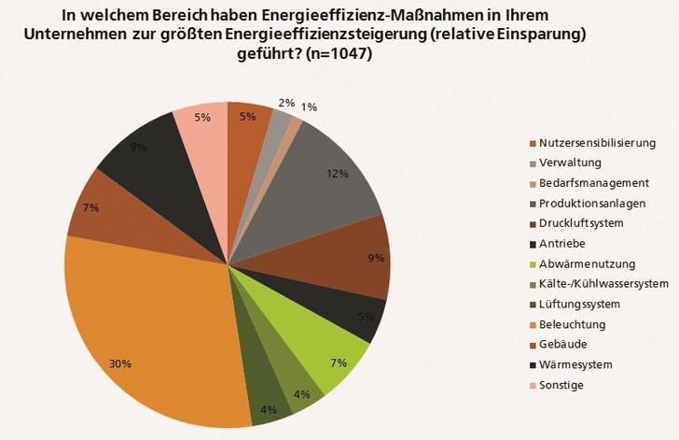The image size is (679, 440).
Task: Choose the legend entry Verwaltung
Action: pos(568,163)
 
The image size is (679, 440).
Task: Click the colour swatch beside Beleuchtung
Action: pos(533,324)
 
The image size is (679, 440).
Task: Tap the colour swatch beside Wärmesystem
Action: pos(533,365)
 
